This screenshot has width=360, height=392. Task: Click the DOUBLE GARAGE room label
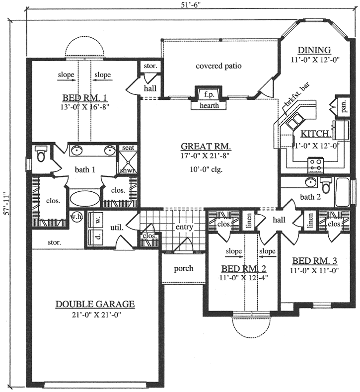point(95,304)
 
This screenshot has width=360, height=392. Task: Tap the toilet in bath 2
point(326,185)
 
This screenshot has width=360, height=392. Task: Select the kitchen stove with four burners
point(315,163)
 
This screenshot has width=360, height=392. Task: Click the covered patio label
point(218,66)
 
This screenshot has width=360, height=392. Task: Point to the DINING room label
point(314,50)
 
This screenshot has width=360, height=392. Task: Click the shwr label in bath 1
point(125,170)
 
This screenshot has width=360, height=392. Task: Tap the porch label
point(183,268)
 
